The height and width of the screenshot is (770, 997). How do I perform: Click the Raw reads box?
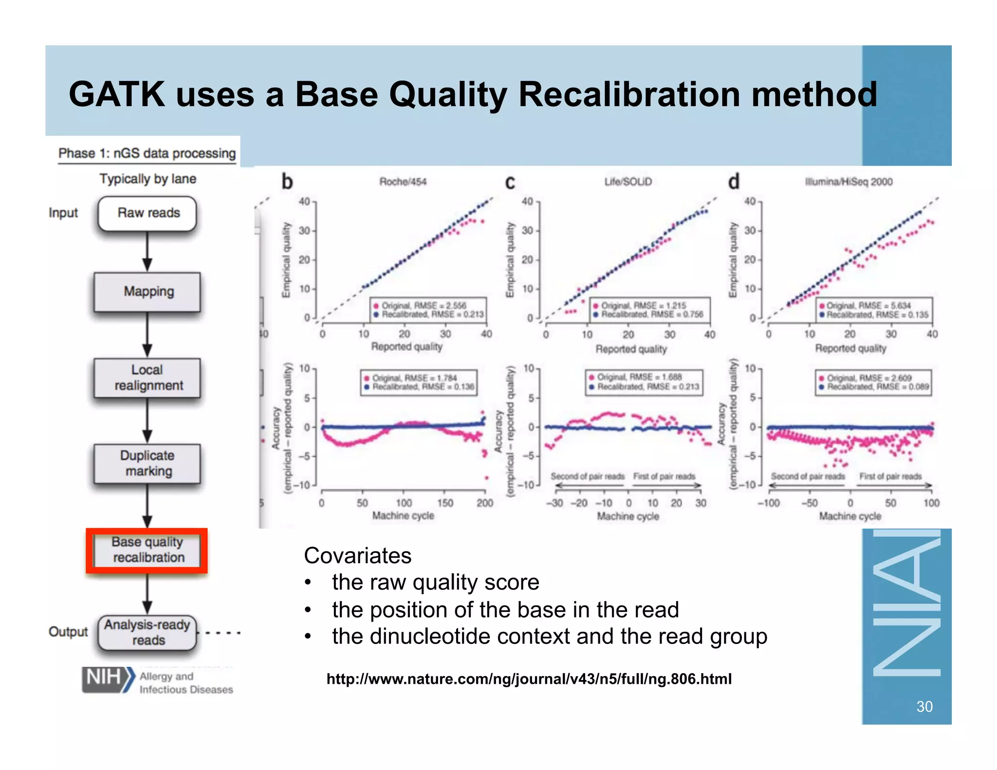pos(147,213)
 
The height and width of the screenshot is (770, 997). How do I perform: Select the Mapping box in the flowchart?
pos(147,292)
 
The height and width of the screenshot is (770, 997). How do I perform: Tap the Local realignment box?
pos(147,378)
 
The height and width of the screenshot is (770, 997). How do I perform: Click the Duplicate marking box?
pos(147,463)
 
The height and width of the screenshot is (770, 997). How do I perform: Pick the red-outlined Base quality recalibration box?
pos(147,550)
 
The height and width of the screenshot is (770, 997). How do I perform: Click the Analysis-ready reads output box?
pos(147,632)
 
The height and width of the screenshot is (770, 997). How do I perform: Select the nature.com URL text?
pos(529,679)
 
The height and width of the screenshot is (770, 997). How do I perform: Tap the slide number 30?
pos(924,706)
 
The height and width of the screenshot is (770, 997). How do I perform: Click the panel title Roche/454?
pos(403,182)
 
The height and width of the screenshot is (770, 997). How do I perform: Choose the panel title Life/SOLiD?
pos(628,182)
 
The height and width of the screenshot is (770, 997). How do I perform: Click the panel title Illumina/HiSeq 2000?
pos(849,182)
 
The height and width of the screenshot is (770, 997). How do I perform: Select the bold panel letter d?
pos(734,182)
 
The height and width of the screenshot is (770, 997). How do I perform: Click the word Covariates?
pos(357,555)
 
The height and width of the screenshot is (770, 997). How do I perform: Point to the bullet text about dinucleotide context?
pos(549,636)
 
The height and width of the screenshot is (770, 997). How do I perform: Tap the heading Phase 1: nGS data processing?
pos(147,153)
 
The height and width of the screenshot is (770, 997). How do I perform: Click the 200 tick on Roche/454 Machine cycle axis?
pos(485,503)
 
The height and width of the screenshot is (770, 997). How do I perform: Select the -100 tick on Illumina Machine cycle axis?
pos(769,503)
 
